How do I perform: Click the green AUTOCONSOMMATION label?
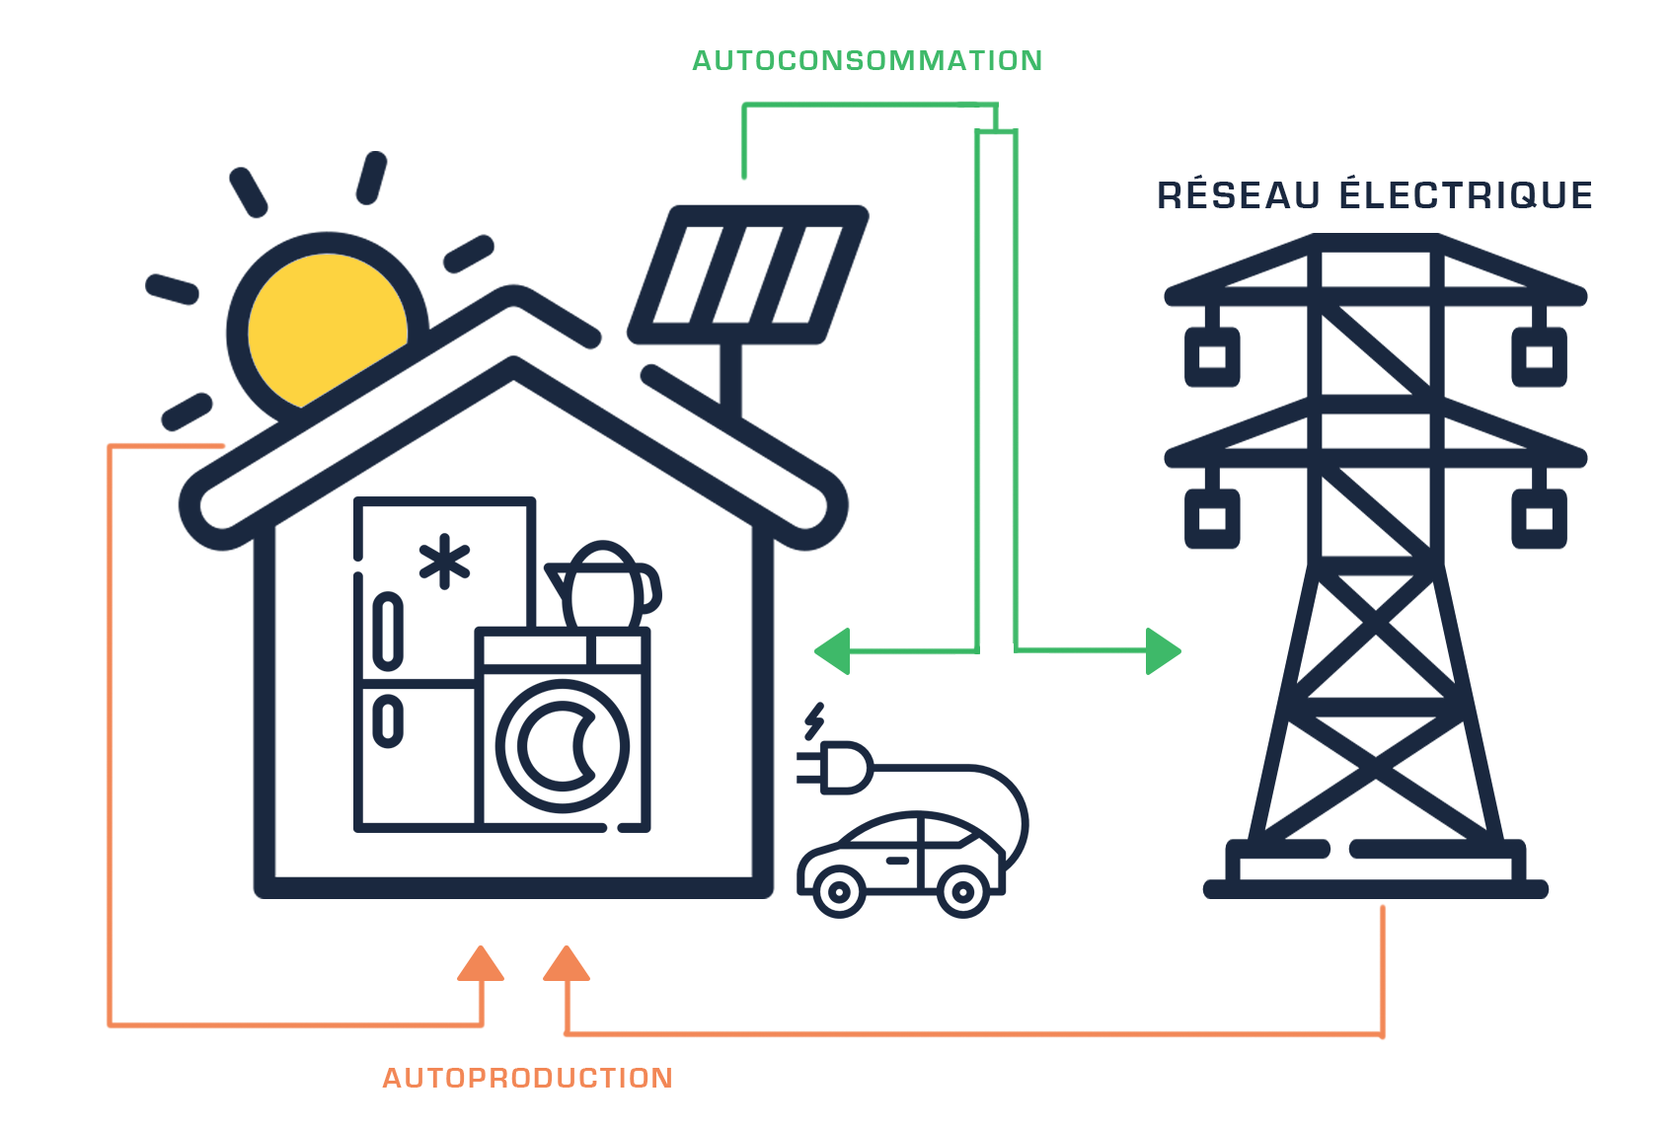click(x=867, y=61)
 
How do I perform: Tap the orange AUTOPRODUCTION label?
click(x=527, y=1077)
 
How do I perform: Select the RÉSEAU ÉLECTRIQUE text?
click(x=1375, y=194)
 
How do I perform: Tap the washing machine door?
click(x=563, y=745)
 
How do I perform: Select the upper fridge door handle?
click(x=388, y=632)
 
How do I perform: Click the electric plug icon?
click(x=839, y=768)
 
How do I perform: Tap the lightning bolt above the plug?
click(x=814, y=721)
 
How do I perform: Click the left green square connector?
click(x=832, y=651)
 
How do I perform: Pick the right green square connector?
click(x=1164, y=651)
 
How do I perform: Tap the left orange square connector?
click(x=481, y=963)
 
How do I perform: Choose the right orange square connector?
click(x=567, y=963)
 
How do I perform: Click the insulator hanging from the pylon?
click(x=1212, y=518)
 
